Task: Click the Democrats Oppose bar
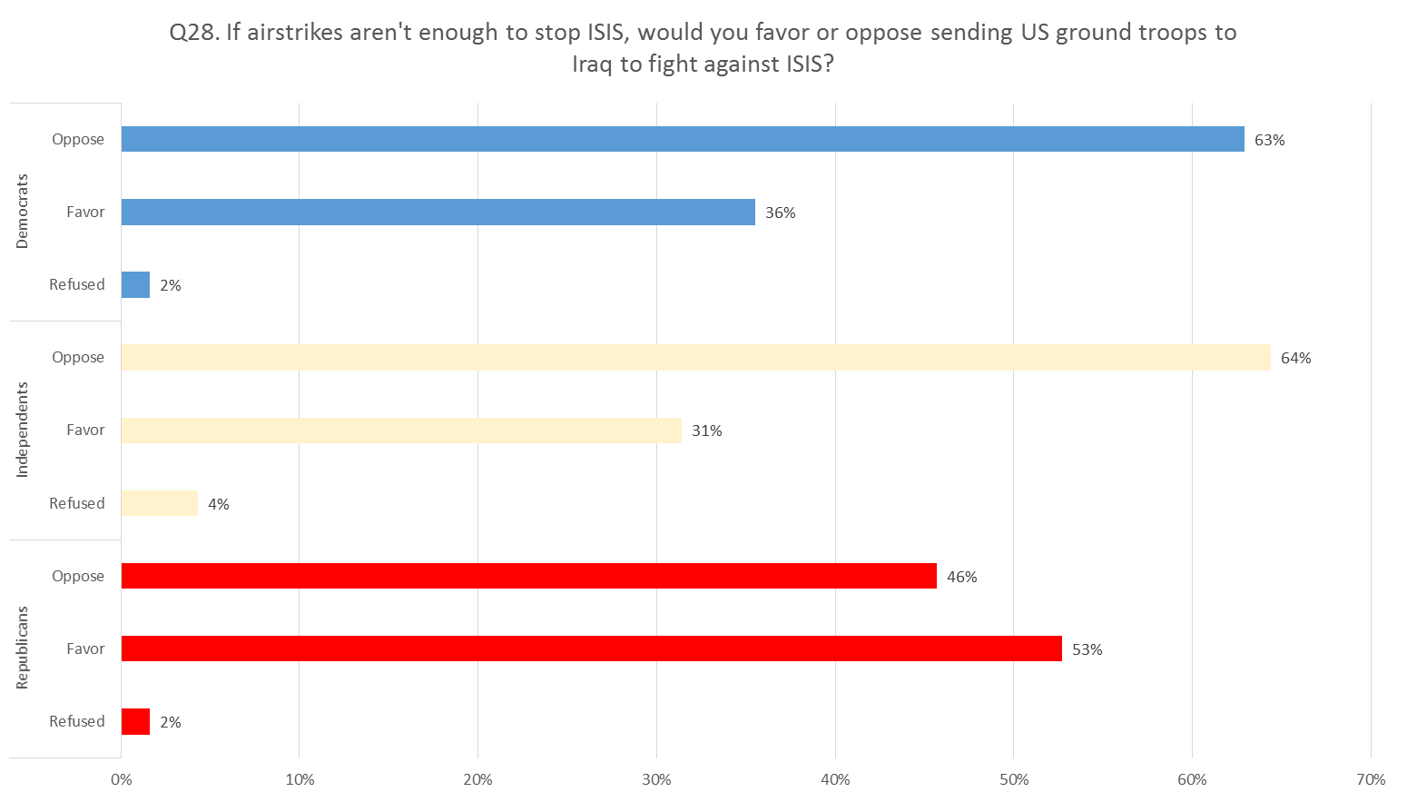point(682,139)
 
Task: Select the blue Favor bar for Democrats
point(438,212)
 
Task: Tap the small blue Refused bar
point(135,284)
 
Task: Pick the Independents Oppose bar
point(695,357)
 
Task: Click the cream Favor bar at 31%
point(401,431)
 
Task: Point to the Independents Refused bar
point(159,503)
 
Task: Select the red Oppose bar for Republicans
point(528,576)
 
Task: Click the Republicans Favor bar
point(591,649)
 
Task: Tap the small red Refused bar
point(135,721)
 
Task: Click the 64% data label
point(1295,358)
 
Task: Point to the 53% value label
point(1087,649)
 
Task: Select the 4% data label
point(218,504)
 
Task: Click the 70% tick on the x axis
point(1371,779)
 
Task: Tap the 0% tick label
point(121,779)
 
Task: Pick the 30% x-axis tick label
point(656,779)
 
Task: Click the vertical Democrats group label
point(23,212)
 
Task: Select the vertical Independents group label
point(23,430)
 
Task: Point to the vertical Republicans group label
point(23,648)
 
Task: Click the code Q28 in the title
point(192,33)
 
